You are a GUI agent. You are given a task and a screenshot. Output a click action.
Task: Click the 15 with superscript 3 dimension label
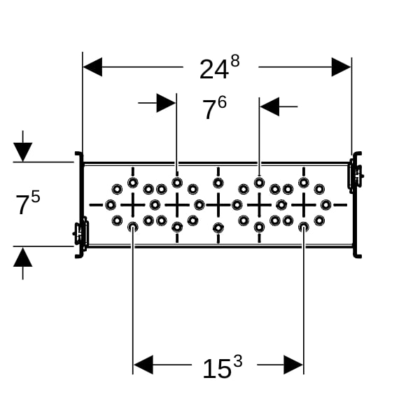tap(223, 367)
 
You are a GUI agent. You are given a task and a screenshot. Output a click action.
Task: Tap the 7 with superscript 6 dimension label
tap(214, 108)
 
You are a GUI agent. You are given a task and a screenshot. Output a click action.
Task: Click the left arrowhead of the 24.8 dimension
tap(92, 67)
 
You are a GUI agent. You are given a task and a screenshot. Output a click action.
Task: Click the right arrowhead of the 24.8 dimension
tap(342, 67)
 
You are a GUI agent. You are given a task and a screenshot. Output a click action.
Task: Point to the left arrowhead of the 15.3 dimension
tap(143, 365)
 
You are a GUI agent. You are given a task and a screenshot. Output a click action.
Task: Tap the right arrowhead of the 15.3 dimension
tap(293, 365)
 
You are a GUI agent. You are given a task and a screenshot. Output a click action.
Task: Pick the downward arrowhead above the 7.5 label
tap(23, 152)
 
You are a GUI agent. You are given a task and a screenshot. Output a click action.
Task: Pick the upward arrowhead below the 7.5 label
tap(23, 257)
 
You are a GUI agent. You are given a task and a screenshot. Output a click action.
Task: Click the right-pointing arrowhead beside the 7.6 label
tap(166, 103)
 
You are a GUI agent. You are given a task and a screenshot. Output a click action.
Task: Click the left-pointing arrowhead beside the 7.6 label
tap(269, 106)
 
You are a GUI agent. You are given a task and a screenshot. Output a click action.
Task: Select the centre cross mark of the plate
tap(218, 205)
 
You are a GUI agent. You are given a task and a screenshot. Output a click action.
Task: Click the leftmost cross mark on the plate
tap(133, 205)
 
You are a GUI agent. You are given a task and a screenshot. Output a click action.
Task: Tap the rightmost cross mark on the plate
tap(304, 205)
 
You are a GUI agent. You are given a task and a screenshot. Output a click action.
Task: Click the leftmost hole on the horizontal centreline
tap(111, 205)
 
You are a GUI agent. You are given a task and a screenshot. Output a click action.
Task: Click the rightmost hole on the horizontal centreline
tap(325, 205)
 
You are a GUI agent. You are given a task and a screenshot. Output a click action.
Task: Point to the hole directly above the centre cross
tap(218, 183)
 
